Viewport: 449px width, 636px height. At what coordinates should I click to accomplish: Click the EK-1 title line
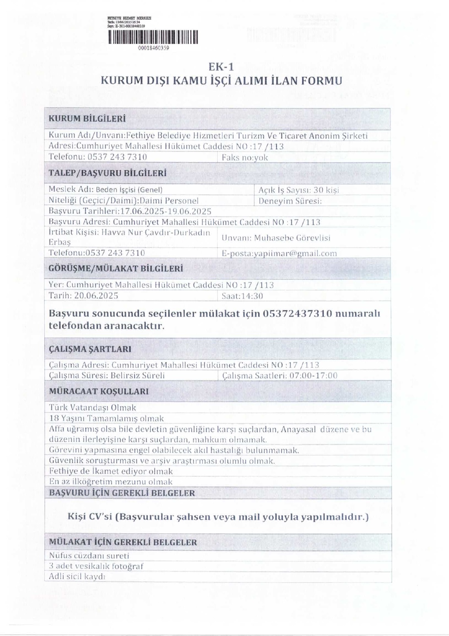221,67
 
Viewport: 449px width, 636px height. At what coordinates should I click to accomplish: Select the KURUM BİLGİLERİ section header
87,118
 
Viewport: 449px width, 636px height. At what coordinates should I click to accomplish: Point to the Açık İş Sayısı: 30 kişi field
298,190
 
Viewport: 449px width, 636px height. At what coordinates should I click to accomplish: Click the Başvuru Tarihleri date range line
130,211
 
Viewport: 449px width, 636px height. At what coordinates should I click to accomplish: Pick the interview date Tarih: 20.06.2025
83,296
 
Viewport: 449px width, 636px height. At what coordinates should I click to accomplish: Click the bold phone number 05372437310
297,314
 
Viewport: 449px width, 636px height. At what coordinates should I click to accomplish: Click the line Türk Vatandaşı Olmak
92,407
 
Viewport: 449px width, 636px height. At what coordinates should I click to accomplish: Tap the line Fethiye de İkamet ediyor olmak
111,471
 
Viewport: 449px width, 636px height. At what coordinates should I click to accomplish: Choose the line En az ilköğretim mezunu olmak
110,482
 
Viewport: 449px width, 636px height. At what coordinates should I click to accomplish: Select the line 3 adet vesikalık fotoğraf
96,566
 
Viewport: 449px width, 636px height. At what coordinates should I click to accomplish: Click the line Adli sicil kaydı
77,576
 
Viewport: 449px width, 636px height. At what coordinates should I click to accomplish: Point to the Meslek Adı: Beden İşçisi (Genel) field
106,190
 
